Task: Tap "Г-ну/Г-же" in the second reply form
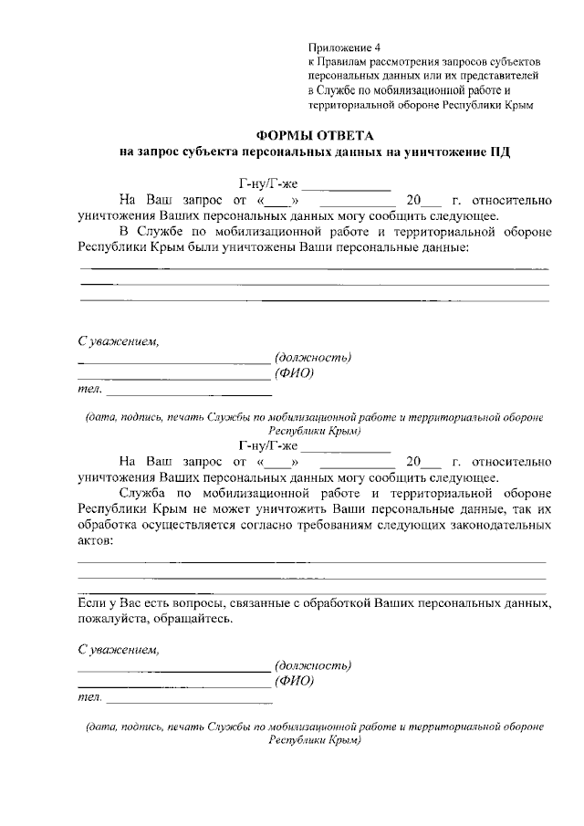pyautogui.click(x=266, y=445)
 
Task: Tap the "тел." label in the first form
pyautogui.click(x=89, y=391)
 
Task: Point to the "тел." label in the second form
pyautogui.click(x=89, y=698)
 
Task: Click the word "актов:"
pyautogui.click(x=97, y=542)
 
